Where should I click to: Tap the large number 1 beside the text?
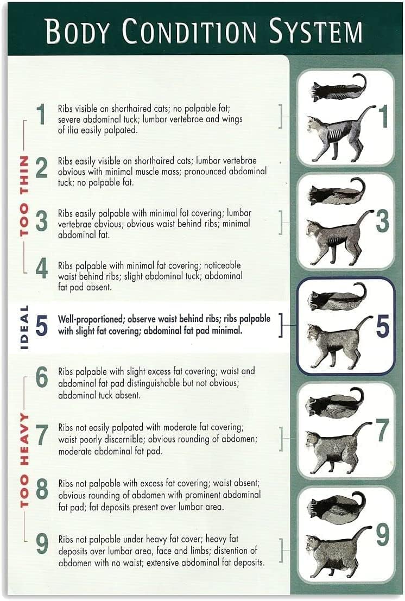[41, 115]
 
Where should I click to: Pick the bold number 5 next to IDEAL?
[42, 325]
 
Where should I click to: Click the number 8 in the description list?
[42, 490]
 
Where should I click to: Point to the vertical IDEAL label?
[24, 326]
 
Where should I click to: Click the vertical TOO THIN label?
[24, 196]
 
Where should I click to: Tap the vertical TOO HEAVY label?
[24, 460]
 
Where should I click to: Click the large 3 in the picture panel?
[382, 222]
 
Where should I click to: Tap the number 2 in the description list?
[42, 169]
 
